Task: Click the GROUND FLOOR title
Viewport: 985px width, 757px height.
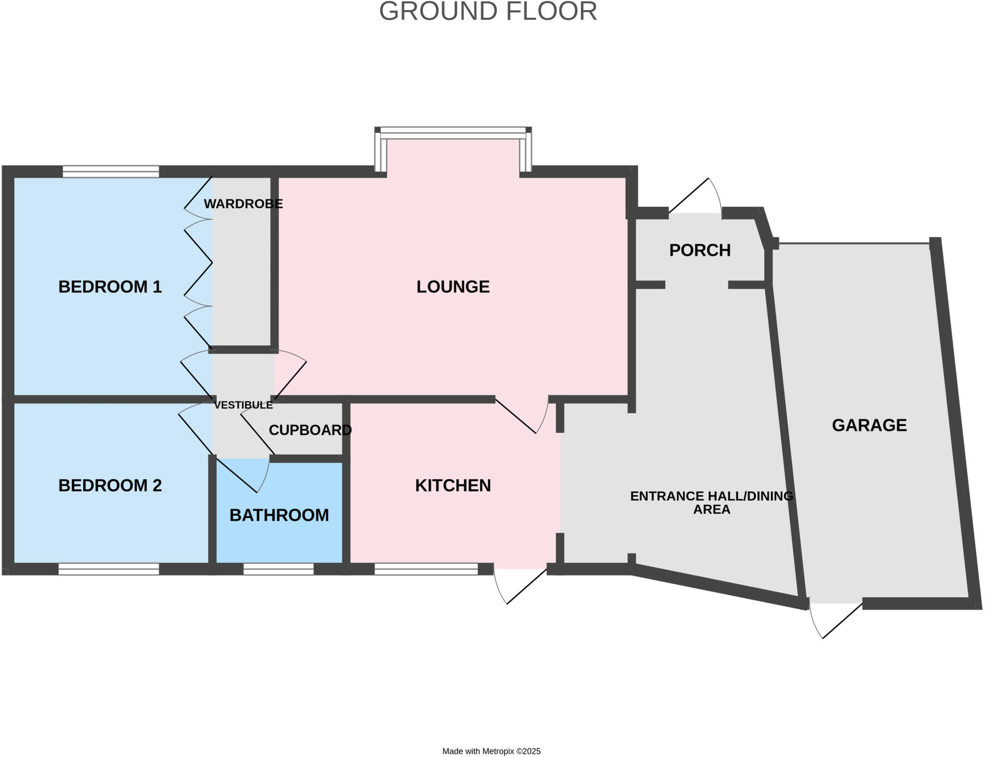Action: (488, 12)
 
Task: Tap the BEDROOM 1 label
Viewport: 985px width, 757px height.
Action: (110, 287)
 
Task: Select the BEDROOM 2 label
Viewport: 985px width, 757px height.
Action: (110, 485)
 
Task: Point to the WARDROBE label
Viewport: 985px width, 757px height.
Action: (243, 203)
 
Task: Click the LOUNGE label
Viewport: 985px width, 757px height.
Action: (453, 287)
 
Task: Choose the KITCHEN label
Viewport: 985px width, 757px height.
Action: (453, 485)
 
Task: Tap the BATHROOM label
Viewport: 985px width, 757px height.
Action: (279, 515)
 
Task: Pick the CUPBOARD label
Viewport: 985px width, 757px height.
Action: (310, 430)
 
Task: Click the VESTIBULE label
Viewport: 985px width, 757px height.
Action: (243, 405)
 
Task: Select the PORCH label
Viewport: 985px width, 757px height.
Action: (700, 250)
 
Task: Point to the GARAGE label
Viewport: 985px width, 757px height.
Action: (870, 425)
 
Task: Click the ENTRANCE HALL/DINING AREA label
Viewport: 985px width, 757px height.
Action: (712, 503)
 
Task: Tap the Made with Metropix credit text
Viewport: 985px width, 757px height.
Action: (492, 751)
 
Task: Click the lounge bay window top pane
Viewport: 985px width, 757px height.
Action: (453, 130)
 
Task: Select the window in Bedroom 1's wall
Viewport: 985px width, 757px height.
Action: (111, 172)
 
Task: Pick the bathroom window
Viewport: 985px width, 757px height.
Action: (278, 569)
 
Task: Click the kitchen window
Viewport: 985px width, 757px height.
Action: (426, 569)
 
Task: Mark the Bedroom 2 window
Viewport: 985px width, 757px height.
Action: (109, 569)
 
